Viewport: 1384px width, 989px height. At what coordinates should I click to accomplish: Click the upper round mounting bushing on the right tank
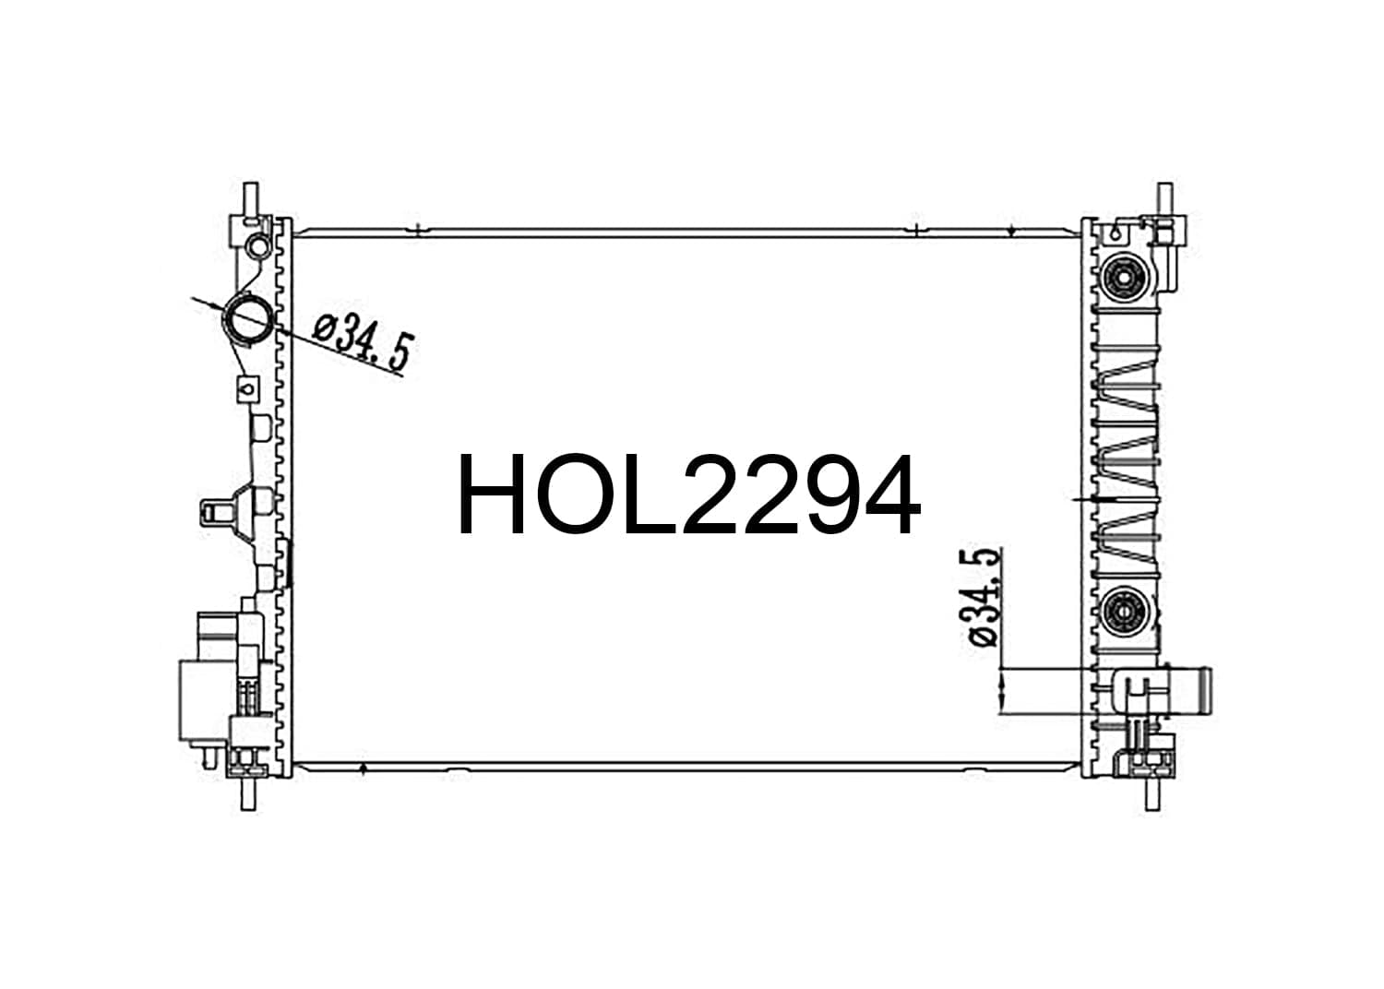[x=1122, y=279]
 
